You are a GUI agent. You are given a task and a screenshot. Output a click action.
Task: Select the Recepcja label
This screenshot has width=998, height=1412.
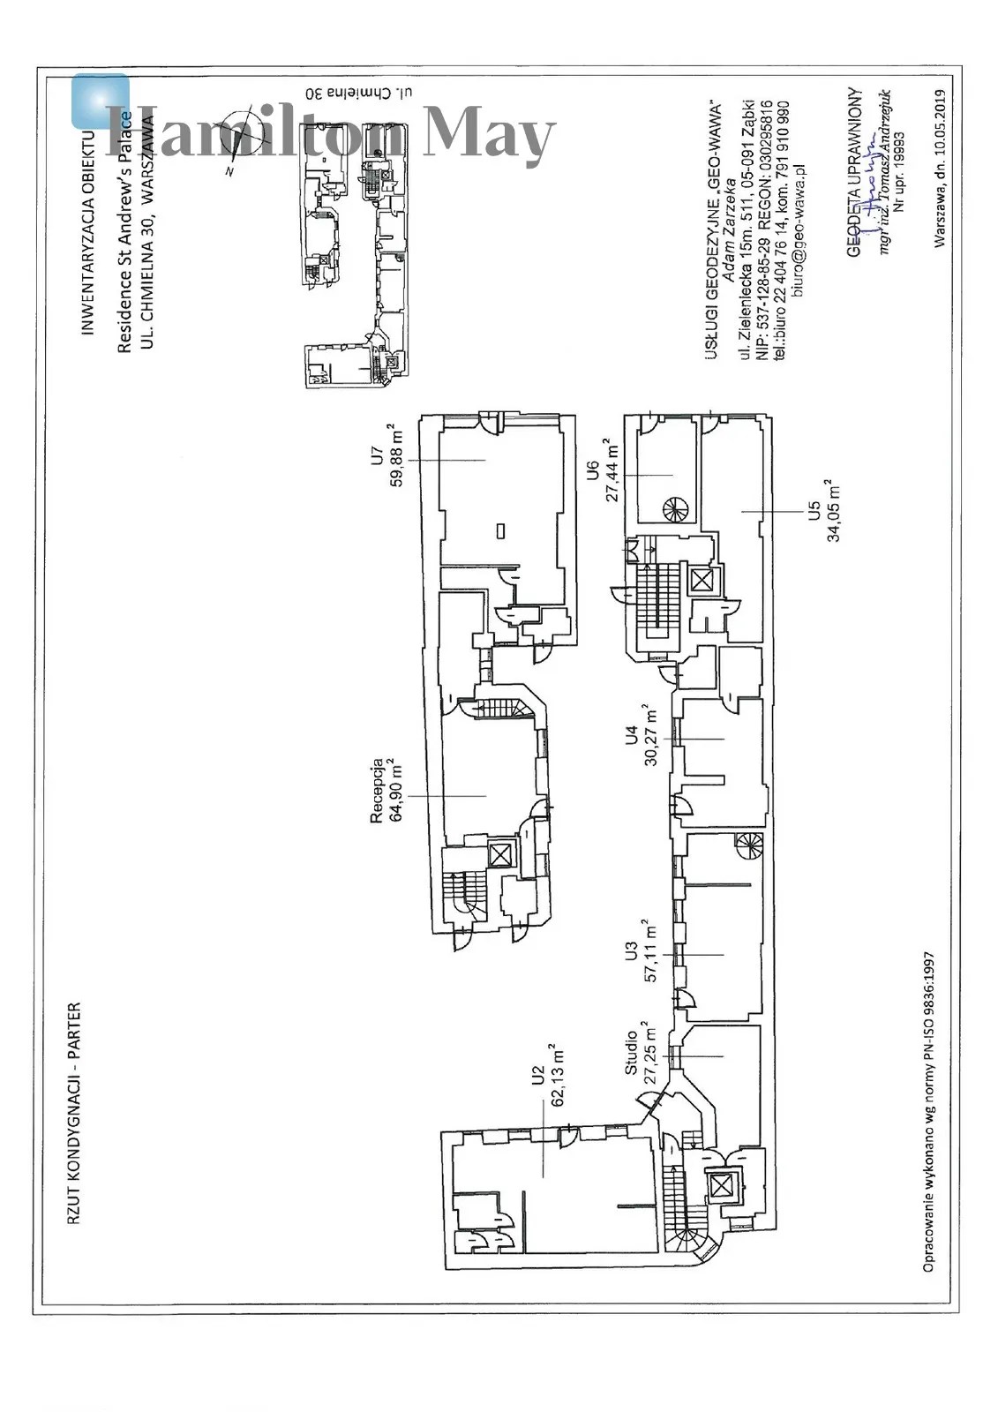click(x=377, y=790)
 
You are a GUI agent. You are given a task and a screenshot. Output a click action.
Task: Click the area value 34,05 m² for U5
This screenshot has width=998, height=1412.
click(x=833, y=510)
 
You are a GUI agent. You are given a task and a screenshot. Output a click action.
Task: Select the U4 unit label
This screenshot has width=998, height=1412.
click(x=631, y=735)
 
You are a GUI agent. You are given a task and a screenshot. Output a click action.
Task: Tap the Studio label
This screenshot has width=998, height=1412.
click(x=631, y=1053)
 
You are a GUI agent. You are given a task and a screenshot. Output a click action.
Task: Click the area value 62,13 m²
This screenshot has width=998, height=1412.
click(x=559, y=1075)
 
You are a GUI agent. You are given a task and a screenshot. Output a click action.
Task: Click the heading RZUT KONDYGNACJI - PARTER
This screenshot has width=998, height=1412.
click(x=74, y=1113)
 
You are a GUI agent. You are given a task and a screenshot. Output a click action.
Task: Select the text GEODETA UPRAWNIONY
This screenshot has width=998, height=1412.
click(x=853, y=171)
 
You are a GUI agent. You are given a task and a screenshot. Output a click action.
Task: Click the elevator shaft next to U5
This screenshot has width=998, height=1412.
click(x=702, y=581)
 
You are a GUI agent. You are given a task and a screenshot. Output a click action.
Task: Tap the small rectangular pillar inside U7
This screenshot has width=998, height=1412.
click(x=500, y=530)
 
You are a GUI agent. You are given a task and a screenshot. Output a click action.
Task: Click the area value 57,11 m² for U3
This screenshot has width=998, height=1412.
click(x=651, y=952)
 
